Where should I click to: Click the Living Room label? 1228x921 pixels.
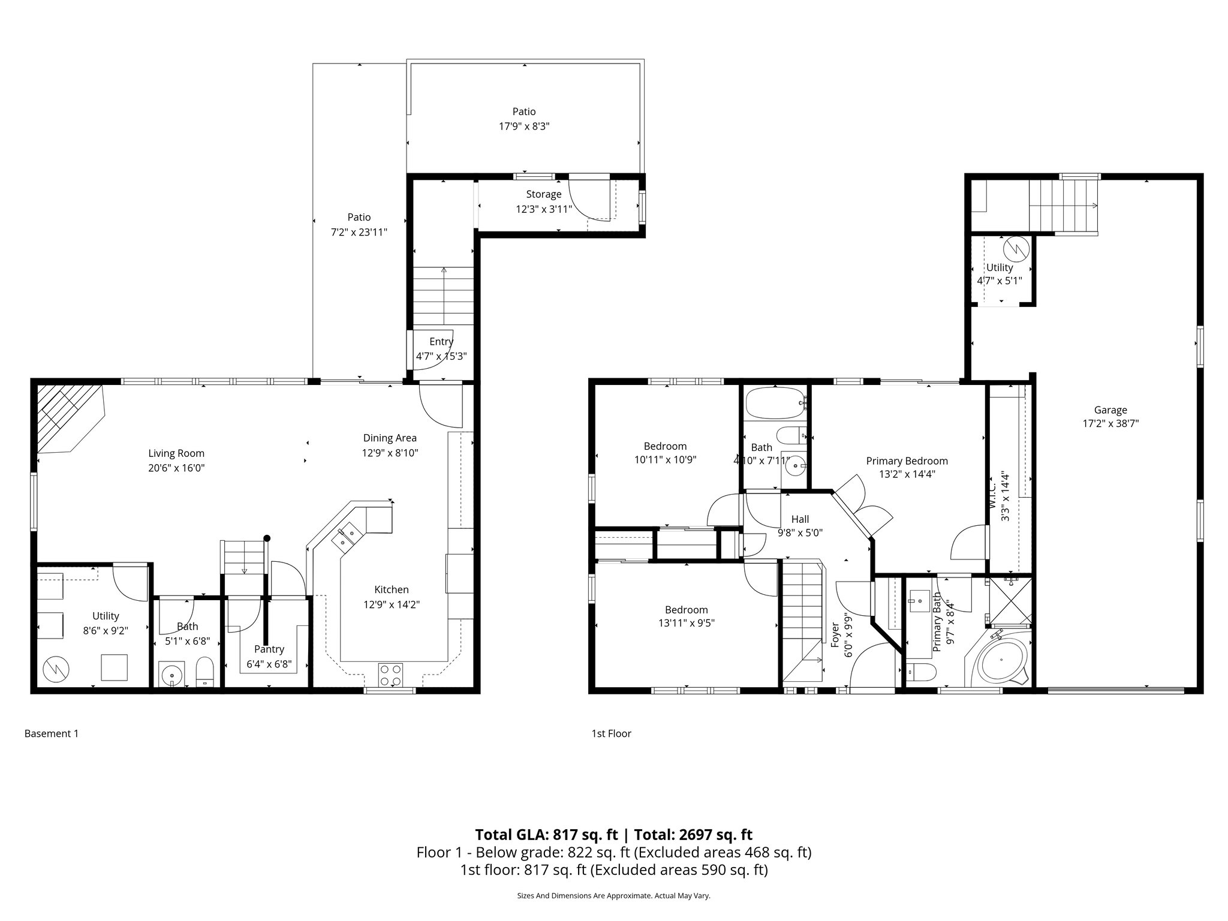[x=176, y=453]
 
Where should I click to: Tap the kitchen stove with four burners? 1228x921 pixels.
[x=390, y=675]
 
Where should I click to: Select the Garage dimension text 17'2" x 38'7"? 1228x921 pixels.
[x=1110, y=423]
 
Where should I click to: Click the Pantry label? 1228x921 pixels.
[x=269, y=649]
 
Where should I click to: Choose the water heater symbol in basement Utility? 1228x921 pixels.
[x=56, y=669]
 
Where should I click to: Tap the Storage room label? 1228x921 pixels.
[x=543, y=194]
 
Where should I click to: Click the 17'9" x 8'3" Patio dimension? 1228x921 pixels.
[x=523, y=127]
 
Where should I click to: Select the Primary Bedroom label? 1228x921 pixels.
[x=907, y=460]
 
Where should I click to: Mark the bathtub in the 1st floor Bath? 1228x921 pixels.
[x=775, y=402]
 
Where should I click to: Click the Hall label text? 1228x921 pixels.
[x=799, y=519]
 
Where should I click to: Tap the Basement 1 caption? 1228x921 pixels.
[x=52, y=733]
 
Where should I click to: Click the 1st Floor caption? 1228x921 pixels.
[x=611, y=733]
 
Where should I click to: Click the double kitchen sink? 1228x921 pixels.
[x=347, y=536]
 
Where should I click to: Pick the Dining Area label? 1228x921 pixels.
[x=390, y=438]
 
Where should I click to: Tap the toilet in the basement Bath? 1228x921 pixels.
[x=205, y=672]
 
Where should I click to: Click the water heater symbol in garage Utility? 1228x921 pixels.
[x=1017, y=246]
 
